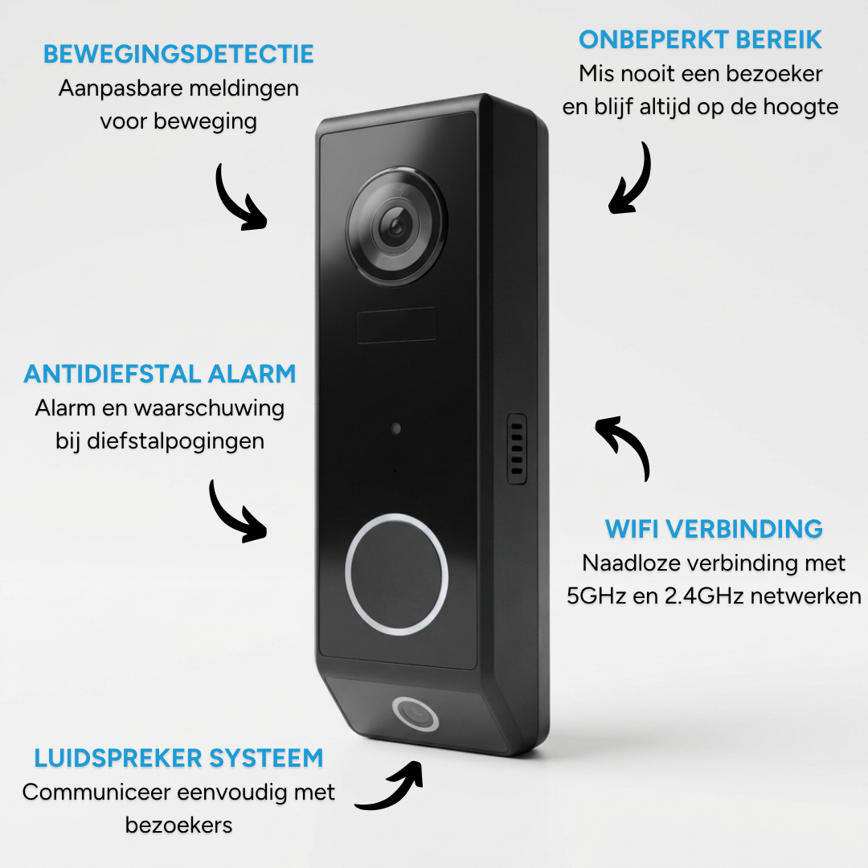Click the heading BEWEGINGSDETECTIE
[x=178, y=55]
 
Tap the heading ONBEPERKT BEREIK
[x=701, y=39]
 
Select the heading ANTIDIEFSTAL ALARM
[x=160, y=374]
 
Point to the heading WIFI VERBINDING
[x=714, y=528]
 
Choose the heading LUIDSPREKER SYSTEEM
[x=178, y=757]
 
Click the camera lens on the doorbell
[x=395, y=227]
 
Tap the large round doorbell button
[x=396, y=574]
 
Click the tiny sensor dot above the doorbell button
[x=395, y=428]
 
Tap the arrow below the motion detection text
[x=239, y=197]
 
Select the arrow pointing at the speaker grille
[x=624, y=446]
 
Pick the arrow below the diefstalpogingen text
[x=235, y=512]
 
